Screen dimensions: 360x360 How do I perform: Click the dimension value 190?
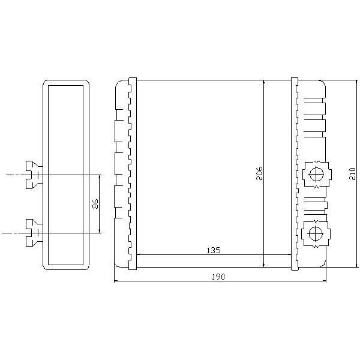click(x=218, y=277)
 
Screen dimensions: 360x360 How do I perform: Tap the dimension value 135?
click(x=214, y=250)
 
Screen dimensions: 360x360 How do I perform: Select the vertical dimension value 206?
click(x=259, y=173)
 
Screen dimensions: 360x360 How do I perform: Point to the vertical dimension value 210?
click(x=352, y=174)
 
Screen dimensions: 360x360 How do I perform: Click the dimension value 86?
click(x=95, y=204)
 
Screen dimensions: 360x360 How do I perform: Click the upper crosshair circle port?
click(x=316, y=174)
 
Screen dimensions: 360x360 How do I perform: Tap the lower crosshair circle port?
click(x=316, y=233)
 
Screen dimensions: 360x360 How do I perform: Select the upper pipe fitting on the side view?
click(x=34, y=175)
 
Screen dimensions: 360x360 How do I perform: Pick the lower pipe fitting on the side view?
click(x=34, y=233)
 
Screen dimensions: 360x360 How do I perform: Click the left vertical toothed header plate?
click(x=132, y=173)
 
